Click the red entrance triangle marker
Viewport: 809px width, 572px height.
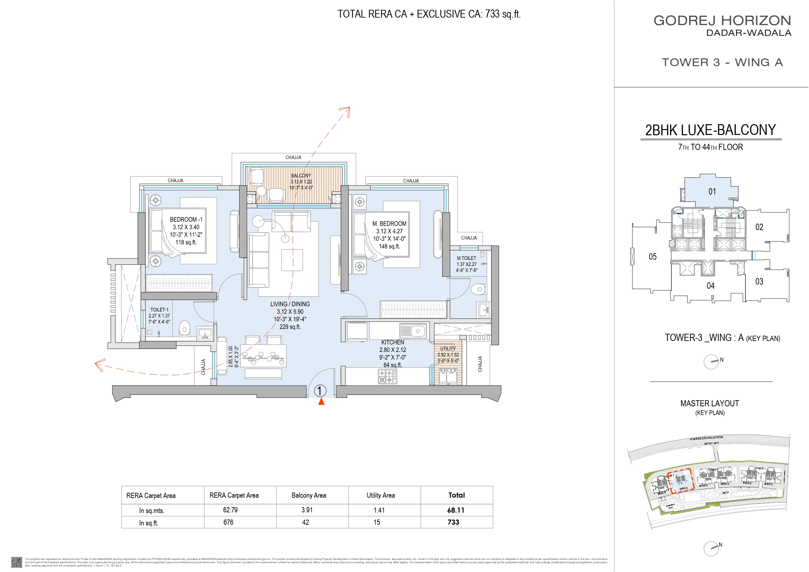[321, 402]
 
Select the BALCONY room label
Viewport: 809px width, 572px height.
[301, 176]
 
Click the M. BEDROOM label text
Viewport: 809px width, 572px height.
[390, 224]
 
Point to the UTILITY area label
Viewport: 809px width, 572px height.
[448, 348]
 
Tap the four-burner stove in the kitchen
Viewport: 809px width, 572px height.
[387, 376]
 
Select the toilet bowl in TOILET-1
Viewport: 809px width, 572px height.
[184, 328]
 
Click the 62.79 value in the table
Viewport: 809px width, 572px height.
[230, 510]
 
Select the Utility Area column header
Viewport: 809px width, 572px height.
[380, 495]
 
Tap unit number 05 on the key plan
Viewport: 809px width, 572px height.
[653, 257]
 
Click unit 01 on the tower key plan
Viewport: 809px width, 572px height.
[712, 191]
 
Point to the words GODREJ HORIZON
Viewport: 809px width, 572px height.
[722, 21]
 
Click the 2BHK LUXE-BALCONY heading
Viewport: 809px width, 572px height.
[710, 130]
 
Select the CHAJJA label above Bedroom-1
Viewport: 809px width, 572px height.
[175, 181]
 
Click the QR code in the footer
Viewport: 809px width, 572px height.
[17, 562]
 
